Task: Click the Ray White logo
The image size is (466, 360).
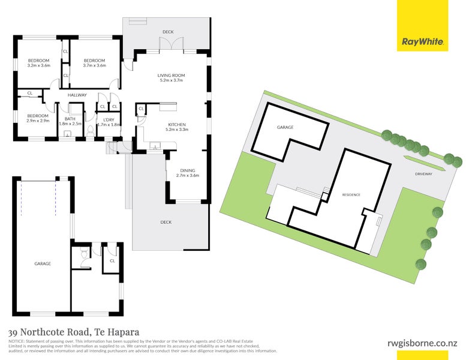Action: pyautogui.click(x=422, y=42)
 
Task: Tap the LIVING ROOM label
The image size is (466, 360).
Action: pyautogui.click(x=171, y=76)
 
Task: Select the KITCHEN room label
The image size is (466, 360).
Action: pyautogui.click(x=178, y=125)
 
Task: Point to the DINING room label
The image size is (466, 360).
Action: pyautogui.click(x=187, y=170)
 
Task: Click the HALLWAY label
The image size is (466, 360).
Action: pyautogui.click(x=77, y=95)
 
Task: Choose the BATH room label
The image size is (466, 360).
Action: pyautogui.click(x=70, y=119)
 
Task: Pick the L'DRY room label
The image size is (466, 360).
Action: pyautogui.click(x=109, y=119)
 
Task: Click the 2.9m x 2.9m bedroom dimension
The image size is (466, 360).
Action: pyautogui.click(x=37, y=121)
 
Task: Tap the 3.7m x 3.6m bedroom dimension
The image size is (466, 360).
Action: pyautogui.click(x=94, y=65)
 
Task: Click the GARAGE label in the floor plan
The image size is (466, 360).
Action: pyautogui.click(x=42, y=263)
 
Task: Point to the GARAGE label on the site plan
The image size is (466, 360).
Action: pyautogui.click(x=284, y=128)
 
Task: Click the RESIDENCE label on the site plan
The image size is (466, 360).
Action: pyautogui.click(x=351, y=195)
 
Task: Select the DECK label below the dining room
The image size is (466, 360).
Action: pyautogui.click(x=166, y=222)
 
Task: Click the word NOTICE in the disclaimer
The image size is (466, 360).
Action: pyautogui.click(x=17, y=341)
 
